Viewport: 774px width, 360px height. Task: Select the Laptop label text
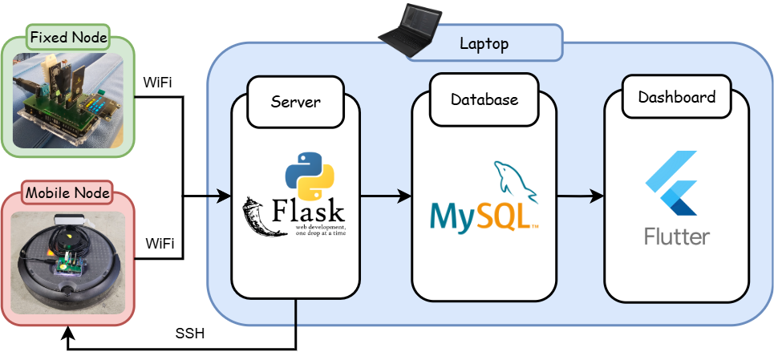tap(484, 43)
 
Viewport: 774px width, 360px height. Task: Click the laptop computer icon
tap(409, 29)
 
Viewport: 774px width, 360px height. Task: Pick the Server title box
tap(295, 102)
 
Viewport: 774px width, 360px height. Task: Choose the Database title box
tap(484, 100)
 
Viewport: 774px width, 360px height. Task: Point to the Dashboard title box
tap(676, 98)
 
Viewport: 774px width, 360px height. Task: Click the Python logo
tap(310, 174)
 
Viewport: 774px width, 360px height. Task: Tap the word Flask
tap(309, 212)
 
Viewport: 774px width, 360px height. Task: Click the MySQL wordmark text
tap(480, 215)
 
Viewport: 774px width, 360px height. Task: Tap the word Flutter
tap(676, 237)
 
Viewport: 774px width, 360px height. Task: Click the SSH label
tap(190, 334)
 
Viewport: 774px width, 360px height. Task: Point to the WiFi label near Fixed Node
tap(157, 83)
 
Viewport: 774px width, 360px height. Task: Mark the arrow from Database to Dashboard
tap(580, 196)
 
